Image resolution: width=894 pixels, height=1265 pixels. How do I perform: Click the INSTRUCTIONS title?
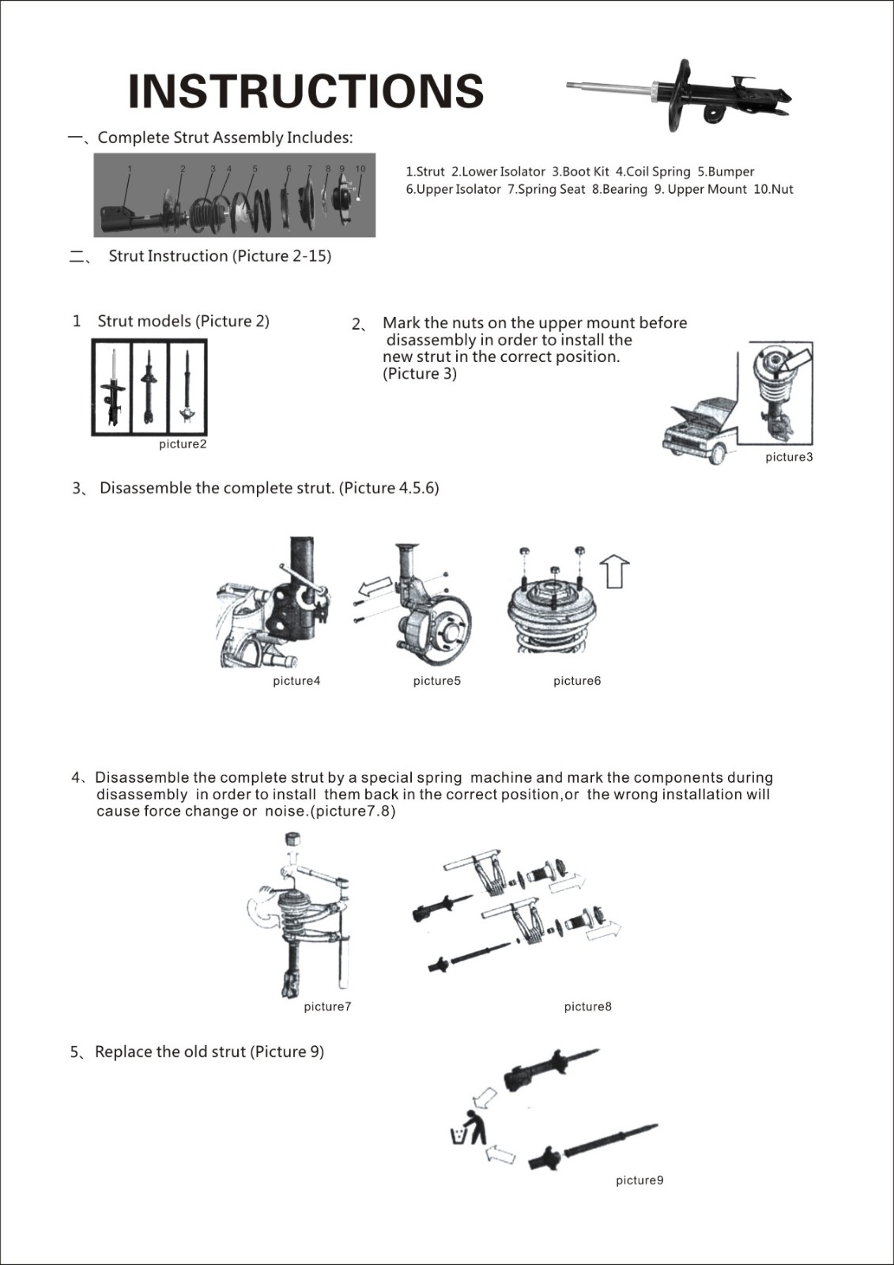(x=305, y=91)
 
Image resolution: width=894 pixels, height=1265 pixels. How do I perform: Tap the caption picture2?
(x=183, y=444)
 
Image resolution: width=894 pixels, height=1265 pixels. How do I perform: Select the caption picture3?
(x=788, y=457)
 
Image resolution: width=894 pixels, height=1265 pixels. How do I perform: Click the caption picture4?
(x=296, y=681)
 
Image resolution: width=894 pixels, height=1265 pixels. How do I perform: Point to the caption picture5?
(x=436, y=681)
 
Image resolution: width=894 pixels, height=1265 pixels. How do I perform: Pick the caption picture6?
(x=576, y=681)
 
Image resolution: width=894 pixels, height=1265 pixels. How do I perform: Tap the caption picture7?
(x=327, y=1006)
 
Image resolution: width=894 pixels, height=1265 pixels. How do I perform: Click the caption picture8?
(x=587, y=1006)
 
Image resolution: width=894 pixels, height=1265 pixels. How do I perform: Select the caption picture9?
(x=639, y=1180)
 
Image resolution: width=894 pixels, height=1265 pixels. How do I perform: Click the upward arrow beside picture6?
(x=616, y=571)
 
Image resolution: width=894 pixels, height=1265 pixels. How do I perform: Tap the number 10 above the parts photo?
(x=360, y=169)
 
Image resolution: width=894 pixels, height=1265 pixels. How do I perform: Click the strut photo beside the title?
(x=680, y=96)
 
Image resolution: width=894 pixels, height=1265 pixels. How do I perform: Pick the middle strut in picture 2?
(x=148, y=387)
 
